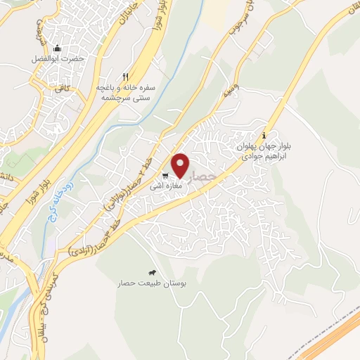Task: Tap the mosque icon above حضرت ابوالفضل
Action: (x=56, y=48)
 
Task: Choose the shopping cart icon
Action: (x=165, y=176)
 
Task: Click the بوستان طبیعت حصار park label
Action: (x=153, y=284)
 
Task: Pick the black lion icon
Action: (x=152, y=273)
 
